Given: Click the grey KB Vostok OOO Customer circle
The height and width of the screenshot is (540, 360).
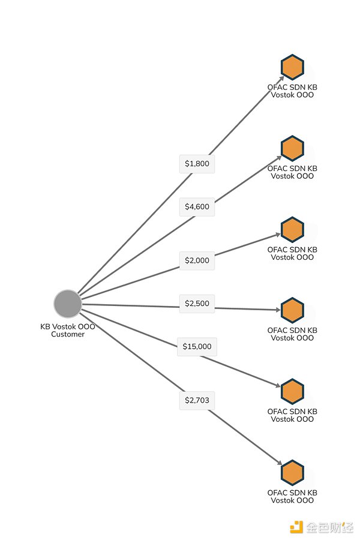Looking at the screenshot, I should click(x=67, y=304).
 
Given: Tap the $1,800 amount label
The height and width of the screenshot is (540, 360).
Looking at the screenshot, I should click(x=197, y=163).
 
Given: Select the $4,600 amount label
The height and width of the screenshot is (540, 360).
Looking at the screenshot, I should click(x=197, y=207).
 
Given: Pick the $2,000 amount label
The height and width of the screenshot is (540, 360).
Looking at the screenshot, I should click(x=197, y=260).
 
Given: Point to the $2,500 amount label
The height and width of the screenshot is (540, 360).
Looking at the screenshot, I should click(x=197, y=304).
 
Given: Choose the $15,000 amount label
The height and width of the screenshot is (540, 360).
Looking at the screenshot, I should click(x=197, y=346).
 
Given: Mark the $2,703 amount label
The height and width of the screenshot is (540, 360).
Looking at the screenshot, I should click(x=197, y=400).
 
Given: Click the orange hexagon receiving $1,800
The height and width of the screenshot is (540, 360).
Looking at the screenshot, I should click(x=292, y=67).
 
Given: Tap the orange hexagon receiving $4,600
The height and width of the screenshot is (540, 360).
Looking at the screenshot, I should click(x=292, y=148).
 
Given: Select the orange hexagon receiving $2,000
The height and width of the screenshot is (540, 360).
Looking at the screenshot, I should click(x=292, y=229).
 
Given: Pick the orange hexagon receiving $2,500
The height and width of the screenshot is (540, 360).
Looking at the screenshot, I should click(x=292, y=310).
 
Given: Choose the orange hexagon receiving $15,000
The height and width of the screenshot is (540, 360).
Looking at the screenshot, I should click(x=292, y=391).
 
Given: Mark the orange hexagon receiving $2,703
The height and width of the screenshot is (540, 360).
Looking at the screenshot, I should click(x=292, y=472).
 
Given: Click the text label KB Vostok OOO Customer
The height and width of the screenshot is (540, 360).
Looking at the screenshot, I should click(x=68, y=331).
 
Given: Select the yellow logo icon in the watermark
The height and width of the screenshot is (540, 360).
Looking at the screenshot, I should click(x=296, y=527).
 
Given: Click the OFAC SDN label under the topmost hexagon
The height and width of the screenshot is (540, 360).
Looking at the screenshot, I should click(x=292, y=91).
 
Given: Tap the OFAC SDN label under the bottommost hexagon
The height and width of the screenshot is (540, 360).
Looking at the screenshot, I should click(x=292, y=496).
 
